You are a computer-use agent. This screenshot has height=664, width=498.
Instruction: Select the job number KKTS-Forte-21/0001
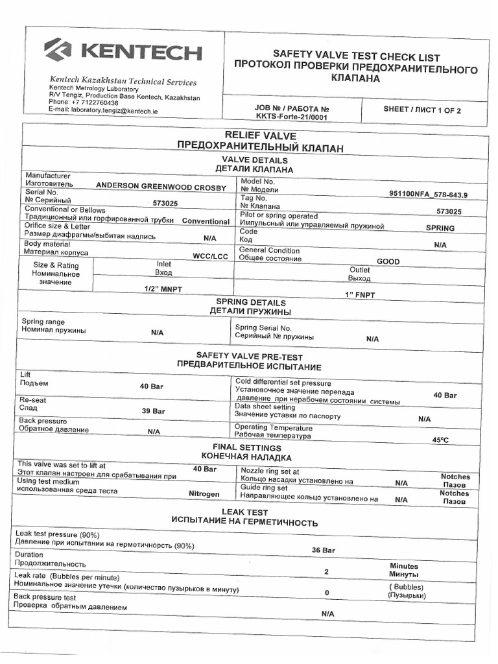tap(283, 118)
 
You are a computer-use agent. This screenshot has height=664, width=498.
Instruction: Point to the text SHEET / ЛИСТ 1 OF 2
tap(421, 110)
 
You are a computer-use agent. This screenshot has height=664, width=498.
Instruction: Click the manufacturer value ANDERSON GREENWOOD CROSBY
tap(161, 187)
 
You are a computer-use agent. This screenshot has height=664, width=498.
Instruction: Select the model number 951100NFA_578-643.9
tap(428, 194)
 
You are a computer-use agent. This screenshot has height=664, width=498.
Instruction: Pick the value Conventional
tap(206, 222)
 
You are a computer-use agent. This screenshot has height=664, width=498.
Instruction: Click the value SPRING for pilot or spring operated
tap(440, 228)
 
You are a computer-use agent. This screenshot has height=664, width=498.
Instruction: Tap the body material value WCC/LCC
tap(211, 256)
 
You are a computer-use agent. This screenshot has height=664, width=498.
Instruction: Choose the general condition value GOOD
tap(388, 262)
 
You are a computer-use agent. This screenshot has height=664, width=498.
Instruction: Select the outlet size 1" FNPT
tap(361, 295)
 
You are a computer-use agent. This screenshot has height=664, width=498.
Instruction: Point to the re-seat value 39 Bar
tap(153, 411)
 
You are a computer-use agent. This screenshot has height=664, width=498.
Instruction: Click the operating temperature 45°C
tap(440, 440)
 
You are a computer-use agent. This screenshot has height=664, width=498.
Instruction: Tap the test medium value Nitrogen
tap(204, 494)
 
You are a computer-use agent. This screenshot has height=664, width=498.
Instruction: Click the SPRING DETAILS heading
tap(250, 303)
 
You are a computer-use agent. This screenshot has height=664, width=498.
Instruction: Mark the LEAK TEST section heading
tap(244, 512)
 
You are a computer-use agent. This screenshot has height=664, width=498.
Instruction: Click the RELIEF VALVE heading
tap(260, 136)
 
